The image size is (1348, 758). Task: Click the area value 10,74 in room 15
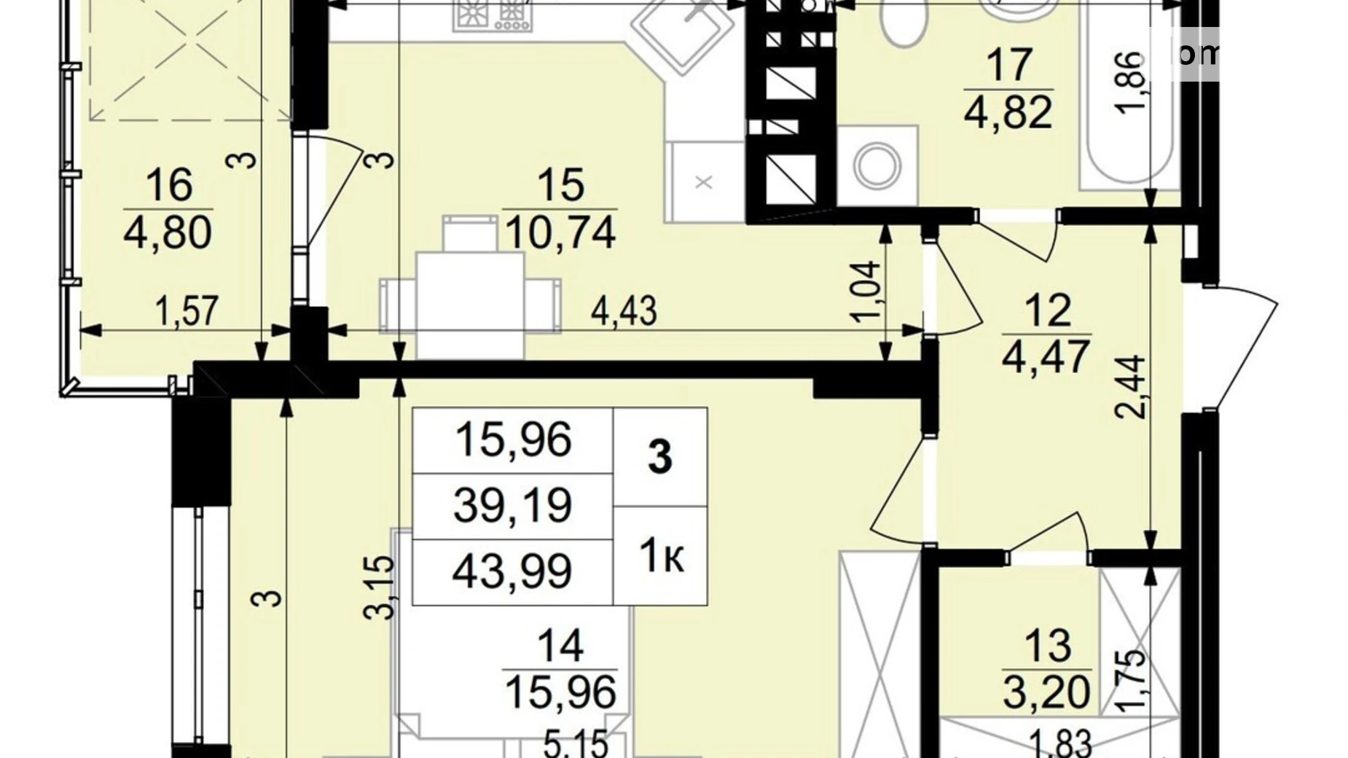560,233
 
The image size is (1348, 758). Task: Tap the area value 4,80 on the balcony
168,233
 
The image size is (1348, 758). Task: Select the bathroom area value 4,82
1008,113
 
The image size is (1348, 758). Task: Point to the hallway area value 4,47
1047,358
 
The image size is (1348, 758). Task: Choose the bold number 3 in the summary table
660,458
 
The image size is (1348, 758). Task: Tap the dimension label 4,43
624,311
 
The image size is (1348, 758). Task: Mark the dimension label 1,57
187,311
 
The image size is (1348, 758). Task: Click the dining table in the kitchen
470,304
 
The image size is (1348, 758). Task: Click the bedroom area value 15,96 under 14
560,692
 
